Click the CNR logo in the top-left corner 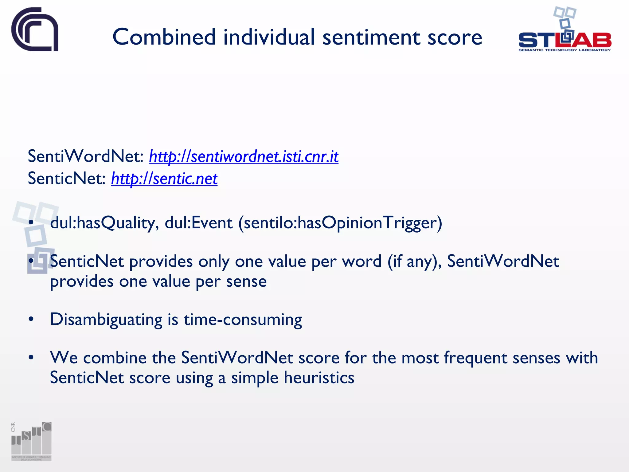click(x=35, y=29)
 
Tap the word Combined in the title click(x=164, y=37)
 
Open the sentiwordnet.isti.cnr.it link click(x=244, y=156)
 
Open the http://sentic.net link click(x=164, y=179)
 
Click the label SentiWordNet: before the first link click(x=86, y=156)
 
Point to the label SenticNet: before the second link click(x=67, y=179)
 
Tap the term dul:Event click(x=198, y=223)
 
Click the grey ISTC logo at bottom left click(x=31, y=441)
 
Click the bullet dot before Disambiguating click(x=31, y=320)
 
